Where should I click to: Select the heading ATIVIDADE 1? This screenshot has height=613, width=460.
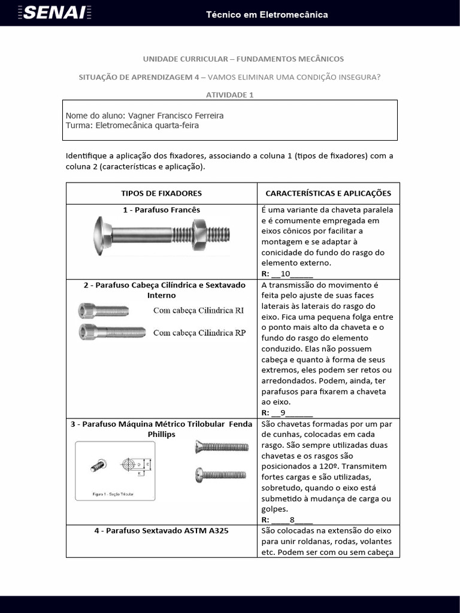pos(230,95)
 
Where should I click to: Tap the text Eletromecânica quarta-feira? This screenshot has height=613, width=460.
pos(147,126)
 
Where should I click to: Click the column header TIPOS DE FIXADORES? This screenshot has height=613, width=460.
pos(161,193)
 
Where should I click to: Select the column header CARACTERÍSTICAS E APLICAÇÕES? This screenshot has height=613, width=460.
pos(328,193)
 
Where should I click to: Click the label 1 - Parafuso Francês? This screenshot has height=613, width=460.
pos(161,210)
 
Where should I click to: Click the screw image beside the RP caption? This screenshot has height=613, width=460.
pos(111,331)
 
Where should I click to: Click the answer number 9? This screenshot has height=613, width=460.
pos(283,412)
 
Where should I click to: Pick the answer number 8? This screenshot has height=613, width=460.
pos(292,520)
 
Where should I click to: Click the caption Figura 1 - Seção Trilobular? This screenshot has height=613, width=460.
pos(113,495)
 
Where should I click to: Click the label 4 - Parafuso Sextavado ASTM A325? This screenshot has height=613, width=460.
pos(161,531)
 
